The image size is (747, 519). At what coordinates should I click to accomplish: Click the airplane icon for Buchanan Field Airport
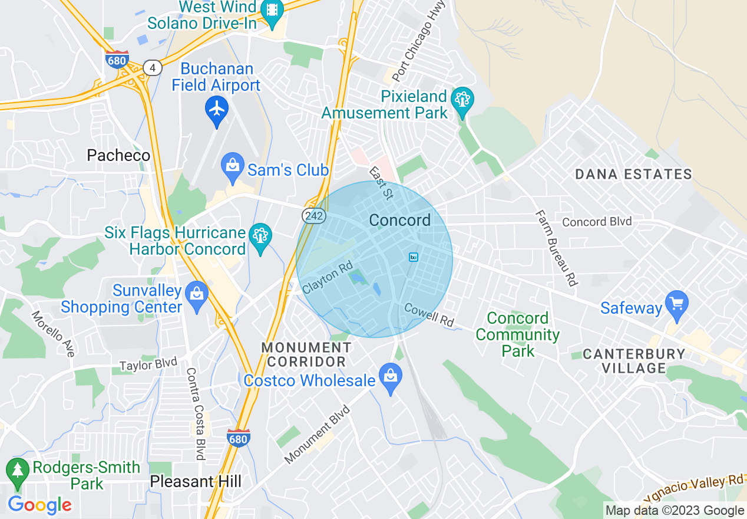tap(217, 109)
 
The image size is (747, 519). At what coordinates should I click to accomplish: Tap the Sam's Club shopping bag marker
tap(233, 166)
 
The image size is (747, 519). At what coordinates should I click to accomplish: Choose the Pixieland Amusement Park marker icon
tap(462, 100)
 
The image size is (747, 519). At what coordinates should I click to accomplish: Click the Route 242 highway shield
tap(314, 216)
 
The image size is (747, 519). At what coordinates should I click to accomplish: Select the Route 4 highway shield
tap(153, 68)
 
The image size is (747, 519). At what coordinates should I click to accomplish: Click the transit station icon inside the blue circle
tap(414, 257)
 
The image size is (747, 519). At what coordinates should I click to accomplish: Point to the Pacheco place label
tap(118, 155)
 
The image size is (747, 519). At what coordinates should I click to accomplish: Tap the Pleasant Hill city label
tap(196, 481)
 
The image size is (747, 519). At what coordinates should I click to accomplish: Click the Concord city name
tap(400, 220)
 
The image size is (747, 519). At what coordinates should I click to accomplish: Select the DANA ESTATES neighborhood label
tap(633, 174)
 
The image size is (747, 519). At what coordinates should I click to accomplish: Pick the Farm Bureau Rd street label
tap(556, 248)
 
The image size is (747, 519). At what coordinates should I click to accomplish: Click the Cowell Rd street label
tap(429, 315)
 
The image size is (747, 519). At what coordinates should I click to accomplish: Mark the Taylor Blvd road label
tap(148, 365)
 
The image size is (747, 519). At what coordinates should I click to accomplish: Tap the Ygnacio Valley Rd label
tap(695, 488)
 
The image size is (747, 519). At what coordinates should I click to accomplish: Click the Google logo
tap(39, 505)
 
